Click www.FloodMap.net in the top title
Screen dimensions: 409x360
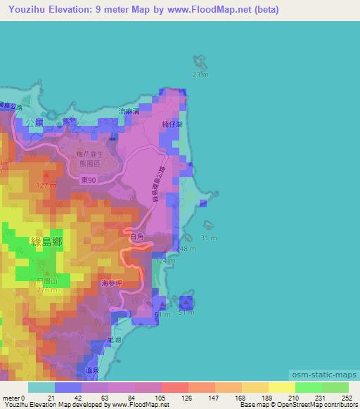click(205, 10)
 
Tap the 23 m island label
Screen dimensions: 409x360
click(200, 74)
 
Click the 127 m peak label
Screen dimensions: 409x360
click(46, 186)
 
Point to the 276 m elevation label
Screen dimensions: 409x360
click(46, 289)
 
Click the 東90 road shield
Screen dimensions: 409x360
click(98, 181)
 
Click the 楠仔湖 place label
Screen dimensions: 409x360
click(171, 124)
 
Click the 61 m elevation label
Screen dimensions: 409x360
click(162, 313)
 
